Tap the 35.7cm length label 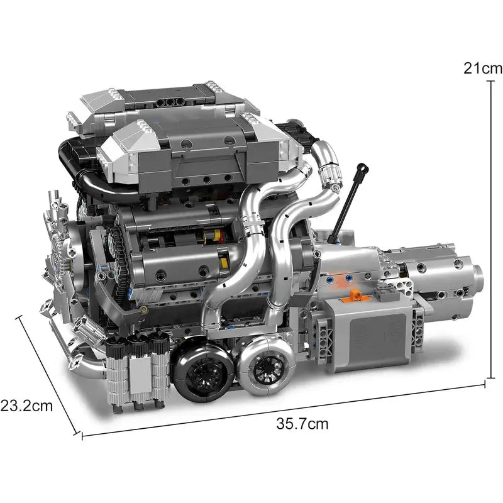pos(302,423)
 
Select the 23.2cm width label pos(26,406)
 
